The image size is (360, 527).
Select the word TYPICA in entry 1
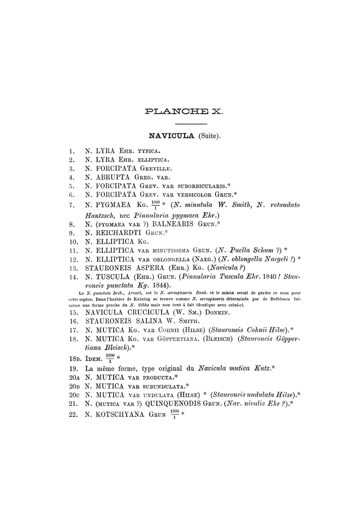[148, 152]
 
